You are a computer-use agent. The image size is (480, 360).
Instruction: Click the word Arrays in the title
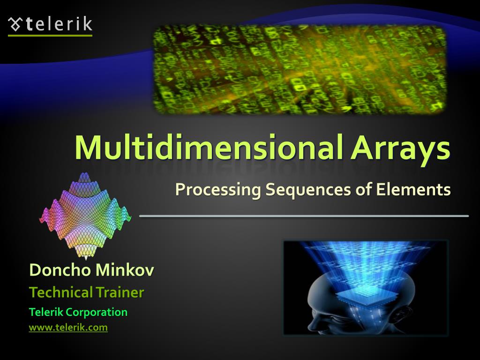coord(400,150)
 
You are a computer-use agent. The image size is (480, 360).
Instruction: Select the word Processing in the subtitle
coord(218,190)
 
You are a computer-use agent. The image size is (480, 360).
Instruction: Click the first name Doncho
coord(60,270)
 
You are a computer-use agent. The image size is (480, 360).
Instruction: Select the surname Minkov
coord(125,270)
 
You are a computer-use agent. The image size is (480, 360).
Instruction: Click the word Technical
coord(61,292)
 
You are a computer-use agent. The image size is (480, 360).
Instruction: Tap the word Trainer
coord(120,292)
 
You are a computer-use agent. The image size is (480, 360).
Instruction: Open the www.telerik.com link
coord(68,328)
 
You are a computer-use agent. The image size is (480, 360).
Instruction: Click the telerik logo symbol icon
coord(15,24)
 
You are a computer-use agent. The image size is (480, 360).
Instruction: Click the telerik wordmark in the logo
coord(59,24)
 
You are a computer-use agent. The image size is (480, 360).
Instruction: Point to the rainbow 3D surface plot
coord(85,216)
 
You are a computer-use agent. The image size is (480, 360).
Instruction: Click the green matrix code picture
coord(300,69)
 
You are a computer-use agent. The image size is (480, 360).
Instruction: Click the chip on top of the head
coord(367,295)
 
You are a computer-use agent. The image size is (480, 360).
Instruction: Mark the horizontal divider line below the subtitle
coord(304,216)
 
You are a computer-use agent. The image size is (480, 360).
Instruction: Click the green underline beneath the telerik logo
coord(50,36)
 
